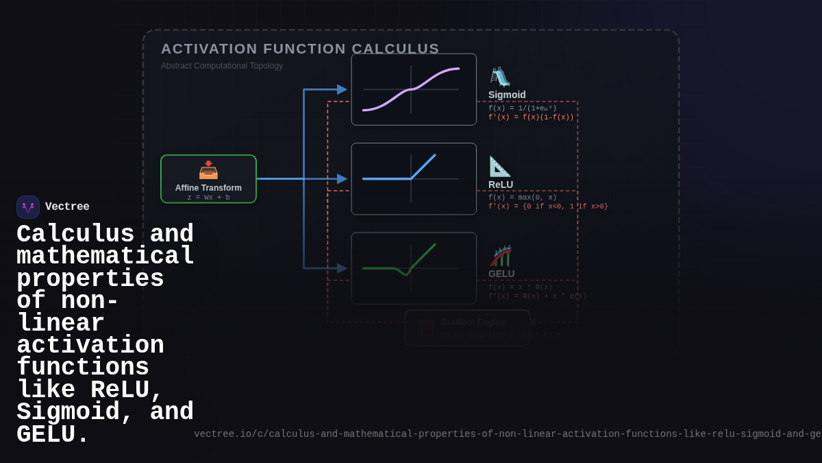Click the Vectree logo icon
(28, 207)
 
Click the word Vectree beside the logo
(67, 207)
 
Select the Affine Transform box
(208, 179)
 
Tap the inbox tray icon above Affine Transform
(208, 169)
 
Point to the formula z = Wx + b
(208, 198)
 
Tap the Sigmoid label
(507, 95)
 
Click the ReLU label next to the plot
(501, 185)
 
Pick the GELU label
(501, 274)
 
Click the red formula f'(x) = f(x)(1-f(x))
(531, 117)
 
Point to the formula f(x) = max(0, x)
(522, 198)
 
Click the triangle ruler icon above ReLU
(499, 166)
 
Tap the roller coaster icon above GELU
(500, 256)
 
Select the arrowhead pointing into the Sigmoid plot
(342, 89)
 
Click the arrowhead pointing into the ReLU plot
(342, 179)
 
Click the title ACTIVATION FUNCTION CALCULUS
(300, 49)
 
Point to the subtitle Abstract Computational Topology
(222, 66)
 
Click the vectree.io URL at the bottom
(507, 434)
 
